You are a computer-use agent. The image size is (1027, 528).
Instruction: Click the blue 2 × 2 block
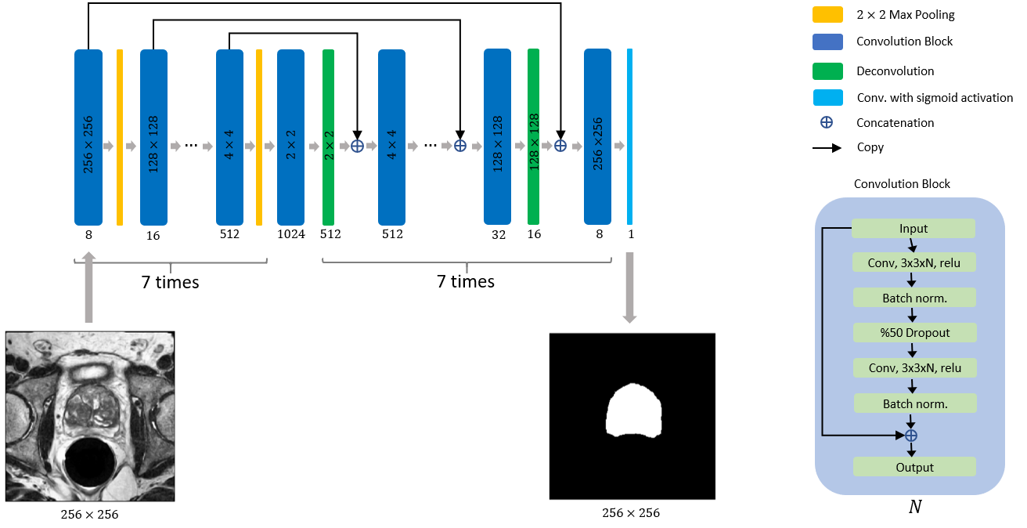pyautogui.click(x=290, y=137)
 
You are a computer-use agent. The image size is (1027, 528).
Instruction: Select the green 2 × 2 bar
pyautogui.click(x=329, y=137)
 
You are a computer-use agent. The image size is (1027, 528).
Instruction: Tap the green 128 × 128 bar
pyautogui.click(x=533, y=137)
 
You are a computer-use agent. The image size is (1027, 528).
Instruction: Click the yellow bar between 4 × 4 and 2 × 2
pyautogui.click(x=259, y=137)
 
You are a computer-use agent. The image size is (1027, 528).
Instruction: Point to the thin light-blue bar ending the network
pyautogui.click(x=629, y=137)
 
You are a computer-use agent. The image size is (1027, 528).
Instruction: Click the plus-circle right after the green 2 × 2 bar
pyautogui.click(x=357, y=146)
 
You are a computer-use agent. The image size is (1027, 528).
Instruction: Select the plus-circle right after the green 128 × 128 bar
pyautogui.click(x=560, y=146)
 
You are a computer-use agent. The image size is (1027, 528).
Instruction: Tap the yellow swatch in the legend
pyautogui.click(x=827, y=15)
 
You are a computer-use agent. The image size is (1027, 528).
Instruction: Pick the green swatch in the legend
pyautogui.click(x=827, y=71)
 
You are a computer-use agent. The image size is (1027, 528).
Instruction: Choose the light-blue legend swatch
pyautogui.click(x=827, y=97)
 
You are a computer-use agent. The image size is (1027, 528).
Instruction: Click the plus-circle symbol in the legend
pyautogui.click(x=826, y=122)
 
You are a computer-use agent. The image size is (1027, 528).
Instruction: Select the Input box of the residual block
pyautogui.click(x=913, y=229)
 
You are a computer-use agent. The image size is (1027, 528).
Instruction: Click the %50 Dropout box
pyautogui.click(x=914, y=332)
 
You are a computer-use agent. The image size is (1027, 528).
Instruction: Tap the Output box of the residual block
pyautogui.click(x=914, y=467)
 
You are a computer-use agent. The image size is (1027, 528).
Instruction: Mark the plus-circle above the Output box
pyautogui.click(x=910, y=436)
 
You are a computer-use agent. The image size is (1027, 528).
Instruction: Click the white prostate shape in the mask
pyautogui.click(x=634, y=410)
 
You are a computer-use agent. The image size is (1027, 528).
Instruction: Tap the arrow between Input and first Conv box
pyautogui.click(x=912, y=245)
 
